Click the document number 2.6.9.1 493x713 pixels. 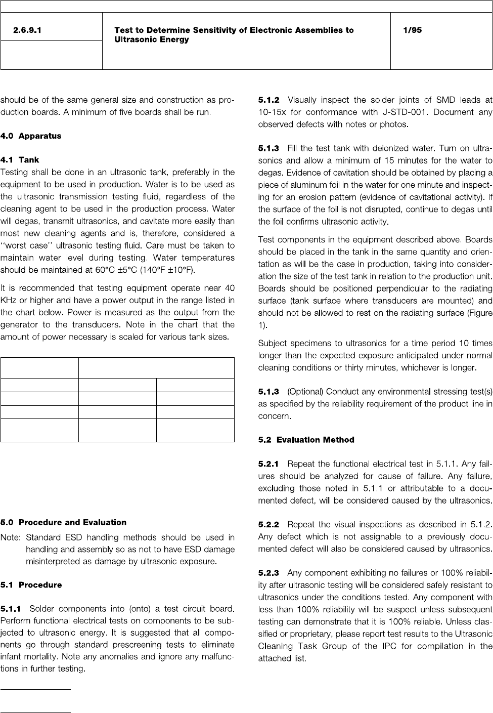pos(27,30)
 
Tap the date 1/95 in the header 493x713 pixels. pos(412,30)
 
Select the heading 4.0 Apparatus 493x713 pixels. pos(31,136)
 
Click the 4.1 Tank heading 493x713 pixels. pos(20,160)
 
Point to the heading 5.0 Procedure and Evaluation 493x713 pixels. pos(64,522)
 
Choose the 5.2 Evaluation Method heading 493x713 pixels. pos(306,440)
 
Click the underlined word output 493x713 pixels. pos(186,313)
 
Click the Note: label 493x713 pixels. pos(11,537)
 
